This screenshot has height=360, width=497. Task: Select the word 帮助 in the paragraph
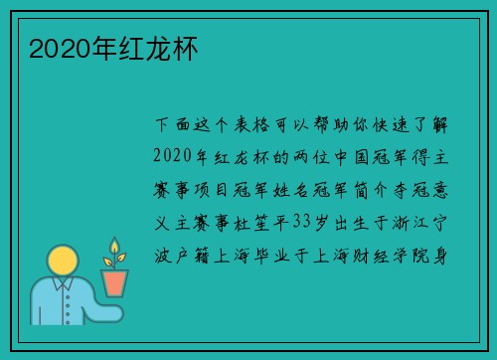click(x=336, y=126)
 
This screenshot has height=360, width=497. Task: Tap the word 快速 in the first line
click(x=398, y=126)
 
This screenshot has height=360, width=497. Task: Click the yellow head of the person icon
click(x=63, y=263)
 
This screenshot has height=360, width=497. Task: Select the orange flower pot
click(x=116, y=283)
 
